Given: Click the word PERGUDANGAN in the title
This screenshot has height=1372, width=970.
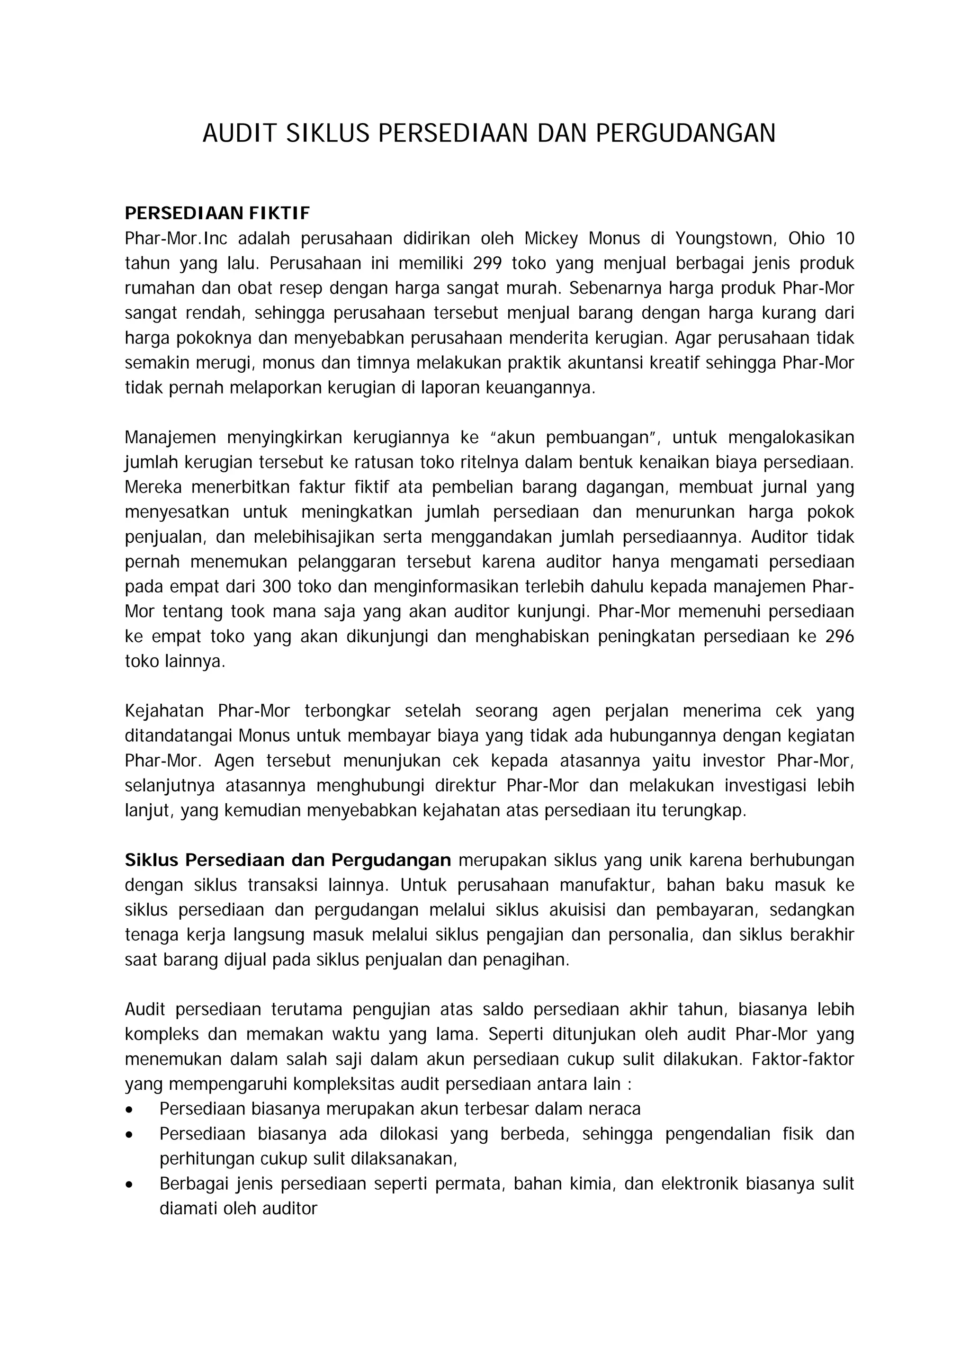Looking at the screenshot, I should (685, 133).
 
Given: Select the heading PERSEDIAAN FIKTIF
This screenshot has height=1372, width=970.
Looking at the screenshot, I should (217, 213).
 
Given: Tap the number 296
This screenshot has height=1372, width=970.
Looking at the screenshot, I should (839, 637).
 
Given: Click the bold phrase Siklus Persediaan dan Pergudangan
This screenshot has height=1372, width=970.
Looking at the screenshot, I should (287, 861).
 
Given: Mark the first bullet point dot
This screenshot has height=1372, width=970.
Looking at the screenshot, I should (130, 1110).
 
